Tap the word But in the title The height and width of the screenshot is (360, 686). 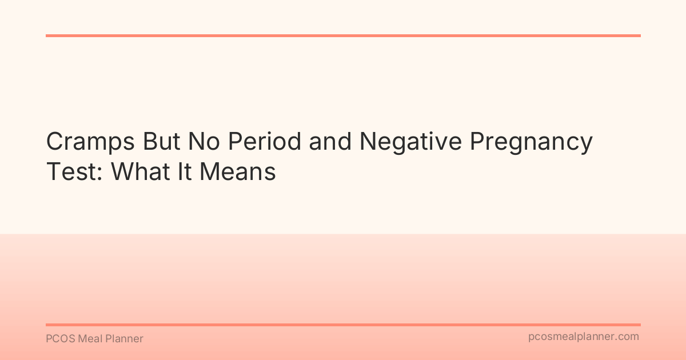pos(164,142)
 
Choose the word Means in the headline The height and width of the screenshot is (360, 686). pos(237,171)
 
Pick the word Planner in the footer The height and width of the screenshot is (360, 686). pos(125,339)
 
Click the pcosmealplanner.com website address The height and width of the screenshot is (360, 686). pos(584,337)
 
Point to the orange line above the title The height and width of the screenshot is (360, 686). pos(343,35)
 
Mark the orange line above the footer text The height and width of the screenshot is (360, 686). pos(343,325)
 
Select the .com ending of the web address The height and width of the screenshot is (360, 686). pos(628,337)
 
